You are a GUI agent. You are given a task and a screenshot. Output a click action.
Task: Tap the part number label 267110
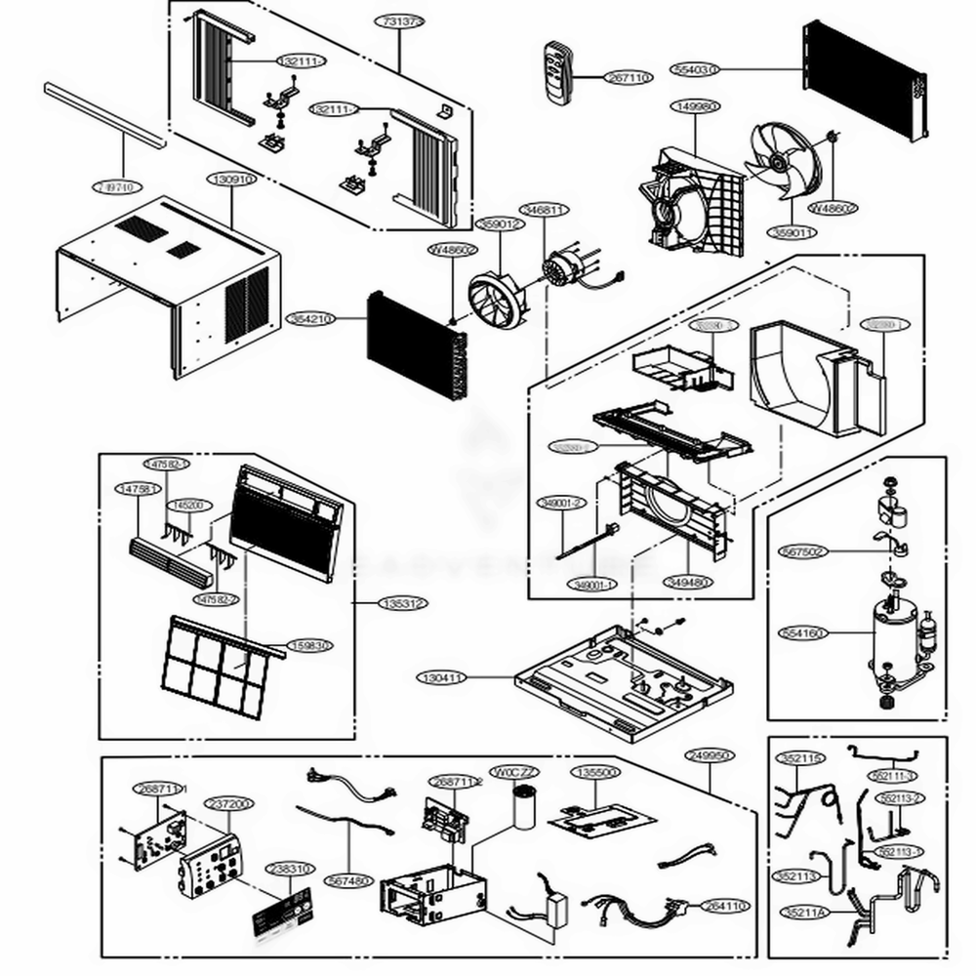629,77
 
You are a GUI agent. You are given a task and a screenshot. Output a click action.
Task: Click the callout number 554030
696,69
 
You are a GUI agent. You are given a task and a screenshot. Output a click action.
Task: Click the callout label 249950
709,755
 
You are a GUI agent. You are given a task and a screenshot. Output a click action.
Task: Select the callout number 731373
401,20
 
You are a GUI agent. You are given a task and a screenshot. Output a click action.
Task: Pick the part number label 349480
688,583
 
